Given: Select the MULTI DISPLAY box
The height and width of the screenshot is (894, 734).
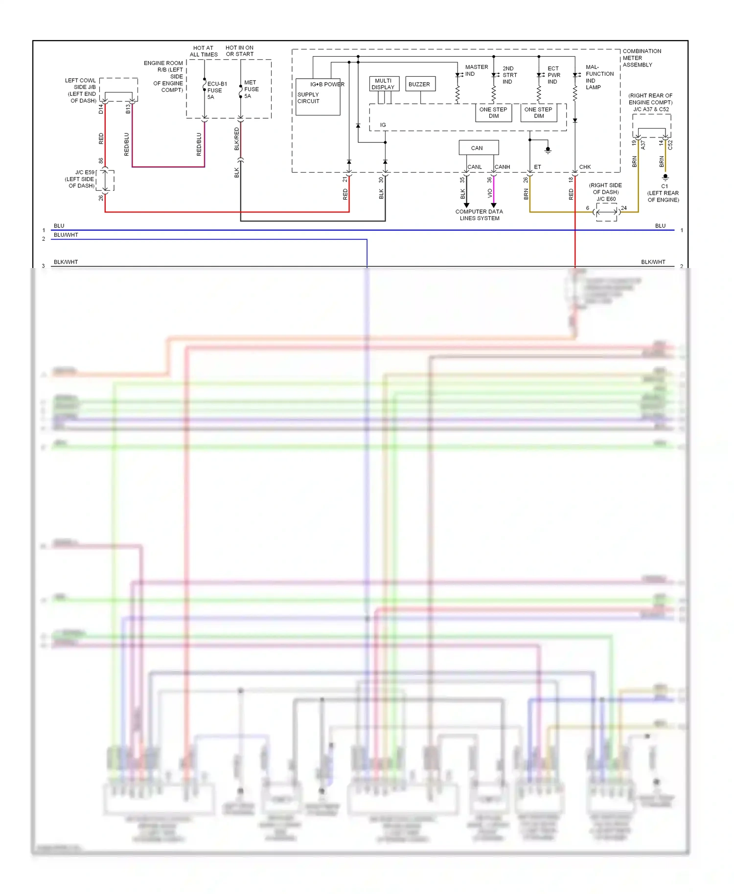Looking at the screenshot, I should [384, 84].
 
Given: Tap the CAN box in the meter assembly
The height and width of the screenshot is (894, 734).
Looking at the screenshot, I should [478, 148].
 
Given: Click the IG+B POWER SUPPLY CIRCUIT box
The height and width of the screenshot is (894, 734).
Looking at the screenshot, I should [318, 97].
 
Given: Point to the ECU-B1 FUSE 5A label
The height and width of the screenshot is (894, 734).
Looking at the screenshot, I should [216, 90].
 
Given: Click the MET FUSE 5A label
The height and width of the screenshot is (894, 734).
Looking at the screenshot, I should [251, 89].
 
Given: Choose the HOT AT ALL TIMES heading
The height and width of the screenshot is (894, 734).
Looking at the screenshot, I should [204, 51].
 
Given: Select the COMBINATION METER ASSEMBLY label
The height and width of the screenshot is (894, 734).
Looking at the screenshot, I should [642, 58].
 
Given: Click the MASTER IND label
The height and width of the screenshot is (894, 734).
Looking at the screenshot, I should [476, 70].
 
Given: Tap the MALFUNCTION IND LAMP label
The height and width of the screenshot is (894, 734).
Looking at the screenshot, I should [598, 77].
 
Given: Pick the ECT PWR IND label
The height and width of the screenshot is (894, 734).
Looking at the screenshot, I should [553, 75].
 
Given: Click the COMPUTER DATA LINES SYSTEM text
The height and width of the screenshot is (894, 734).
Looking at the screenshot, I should [479, 215].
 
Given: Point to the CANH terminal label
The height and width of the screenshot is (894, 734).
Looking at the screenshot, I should [503, 167].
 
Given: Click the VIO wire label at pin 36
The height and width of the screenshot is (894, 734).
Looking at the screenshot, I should [490, 193].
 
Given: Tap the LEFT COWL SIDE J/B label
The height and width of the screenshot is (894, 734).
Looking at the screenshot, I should [82, 90].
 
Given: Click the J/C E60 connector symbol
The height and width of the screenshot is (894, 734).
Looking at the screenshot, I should [607, 212].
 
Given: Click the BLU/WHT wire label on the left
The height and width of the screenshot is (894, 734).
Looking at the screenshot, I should [66, 235].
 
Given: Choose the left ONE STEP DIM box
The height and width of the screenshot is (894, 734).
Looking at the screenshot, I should [493, 112].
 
